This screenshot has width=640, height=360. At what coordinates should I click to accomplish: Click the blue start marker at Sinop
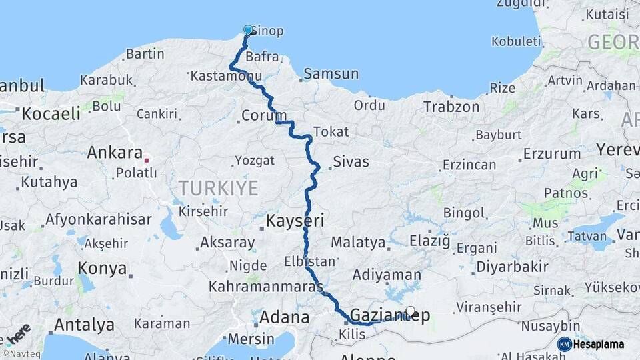click(x=248, y=30)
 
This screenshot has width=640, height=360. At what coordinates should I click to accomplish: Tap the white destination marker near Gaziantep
click(x=411, y=311)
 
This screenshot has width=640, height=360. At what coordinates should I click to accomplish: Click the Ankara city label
click(x=115, y=153)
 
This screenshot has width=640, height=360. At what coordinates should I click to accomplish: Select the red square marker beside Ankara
click(x=147, y=160)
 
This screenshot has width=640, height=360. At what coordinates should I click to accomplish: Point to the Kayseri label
click(x=295, y=221)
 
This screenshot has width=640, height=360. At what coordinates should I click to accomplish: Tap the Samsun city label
click(x=331, y=74)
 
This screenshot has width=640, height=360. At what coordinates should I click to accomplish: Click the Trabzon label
click(x=451, y=107)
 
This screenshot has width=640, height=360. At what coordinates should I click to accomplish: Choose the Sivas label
click(x=351, y=161)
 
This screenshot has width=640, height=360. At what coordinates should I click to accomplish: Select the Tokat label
click(x=331, y=131)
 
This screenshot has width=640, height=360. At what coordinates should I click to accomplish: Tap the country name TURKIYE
click(x=218, y=189)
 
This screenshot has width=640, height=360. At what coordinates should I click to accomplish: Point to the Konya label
click(x=102, y=269)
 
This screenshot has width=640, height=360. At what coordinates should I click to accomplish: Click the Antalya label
click(x=84, y=325)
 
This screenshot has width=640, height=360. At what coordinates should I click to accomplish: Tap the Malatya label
click(x=358, y=243)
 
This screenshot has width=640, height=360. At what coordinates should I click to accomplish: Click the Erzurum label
click(x=551, y=154)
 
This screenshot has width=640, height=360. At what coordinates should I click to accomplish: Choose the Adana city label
click(x=284, y=317)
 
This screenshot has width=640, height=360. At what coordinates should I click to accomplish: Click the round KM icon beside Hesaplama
click(x=565, y=344)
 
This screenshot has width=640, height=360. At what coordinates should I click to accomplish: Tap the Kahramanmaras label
click(x=265, y=287)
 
